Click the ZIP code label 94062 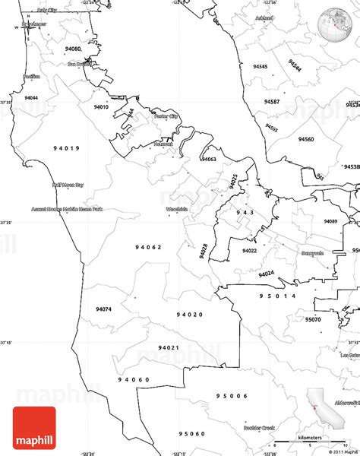[x=149, y=247]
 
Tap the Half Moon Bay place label [x=68, y=184]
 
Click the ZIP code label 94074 [x=103, y=309]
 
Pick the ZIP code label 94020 [x=190, y=314]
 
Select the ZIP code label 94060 [x=134, y=379]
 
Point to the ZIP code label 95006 [x=231, y=396]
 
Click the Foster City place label [x=165, y=116]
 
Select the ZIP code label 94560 [x=306, y=140]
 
